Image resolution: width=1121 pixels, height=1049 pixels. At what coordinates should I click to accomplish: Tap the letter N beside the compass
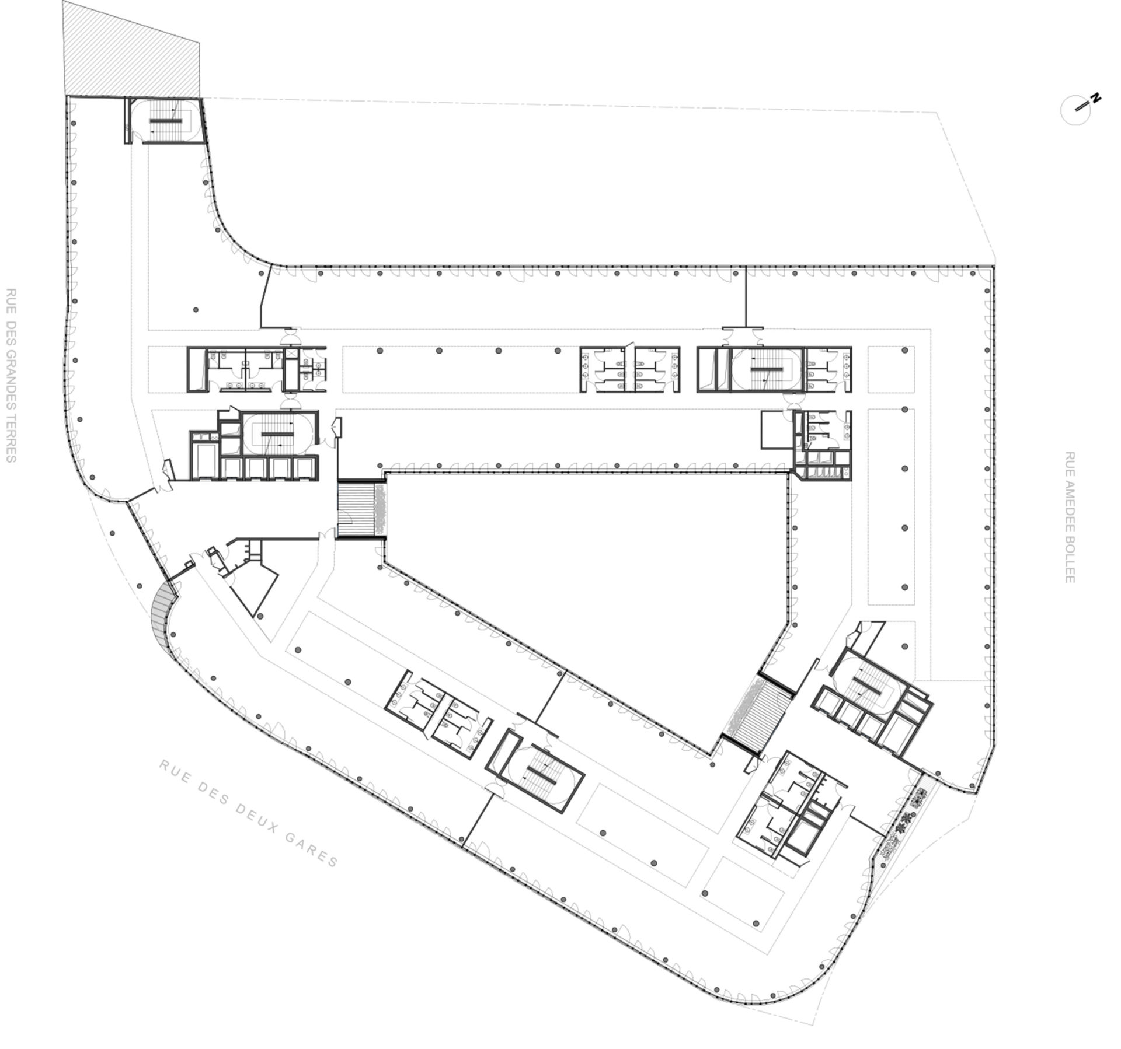1096,97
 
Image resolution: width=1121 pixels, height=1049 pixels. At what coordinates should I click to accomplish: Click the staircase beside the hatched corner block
165,120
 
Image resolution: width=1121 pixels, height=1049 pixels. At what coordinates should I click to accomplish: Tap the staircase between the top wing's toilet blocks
766,370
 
